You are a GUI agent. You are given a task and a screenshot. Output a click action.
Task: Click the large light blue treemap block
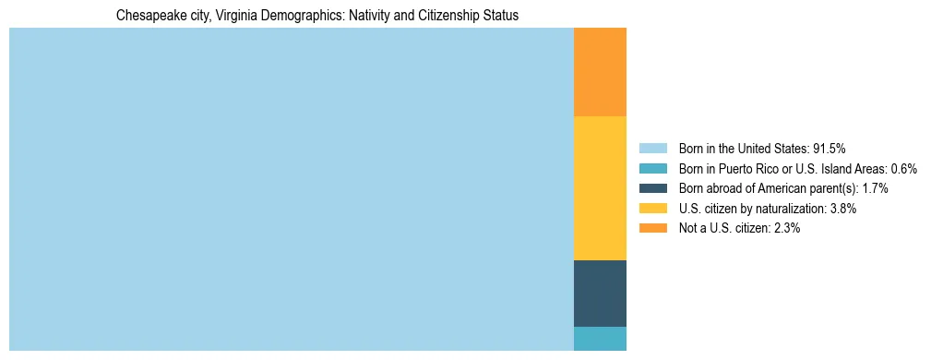[x=291, y=189]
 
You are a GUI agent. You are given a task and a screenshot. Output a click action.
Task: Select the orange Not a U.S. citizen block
[x=600, y=72]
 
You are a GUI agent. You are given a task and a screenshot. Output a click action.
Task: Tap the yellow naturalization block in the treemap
[x=600, y=188]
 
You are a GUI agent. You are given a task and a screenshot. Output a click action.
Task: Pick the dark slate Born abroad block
[x=600, y=294]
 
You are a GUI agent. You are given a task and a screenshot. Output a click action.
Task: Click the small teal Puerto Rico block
[x=600, y=339]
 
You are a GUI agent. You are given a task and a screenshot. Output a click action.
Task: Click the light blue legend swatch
[x=652, y=149]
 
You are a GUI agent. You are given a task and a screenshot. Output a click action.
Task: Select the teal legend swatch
[x=652, y=169]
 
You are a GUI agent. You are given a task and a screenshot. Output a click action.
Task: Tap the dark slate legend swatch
[x=652, y=188]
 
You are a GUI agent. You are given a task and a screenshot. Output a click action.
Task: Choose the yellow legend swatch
[x=652, y=209]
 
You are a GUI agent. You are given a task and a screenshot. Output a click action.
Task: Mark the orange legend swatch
[x=652, y=229]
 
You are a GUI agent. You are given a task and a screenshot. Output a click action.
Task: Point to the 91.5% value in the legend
[x=829, y=149]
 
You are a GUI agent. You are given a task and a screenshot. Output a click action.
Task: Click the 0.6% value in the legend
[x=903, y=169]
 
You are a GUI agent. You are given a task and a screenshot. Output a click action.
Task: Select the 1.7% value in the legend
[x=875, y=188]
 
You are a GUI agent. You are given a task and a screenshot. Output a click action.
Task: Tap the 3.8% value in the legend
[x=842, y=209]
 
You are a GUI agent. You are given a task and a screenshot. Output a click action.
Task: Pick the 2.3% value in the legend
[x=786, y=229]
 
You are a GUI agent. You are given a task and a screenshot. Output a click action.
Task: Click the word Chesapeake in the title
[x=148, y=16]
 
